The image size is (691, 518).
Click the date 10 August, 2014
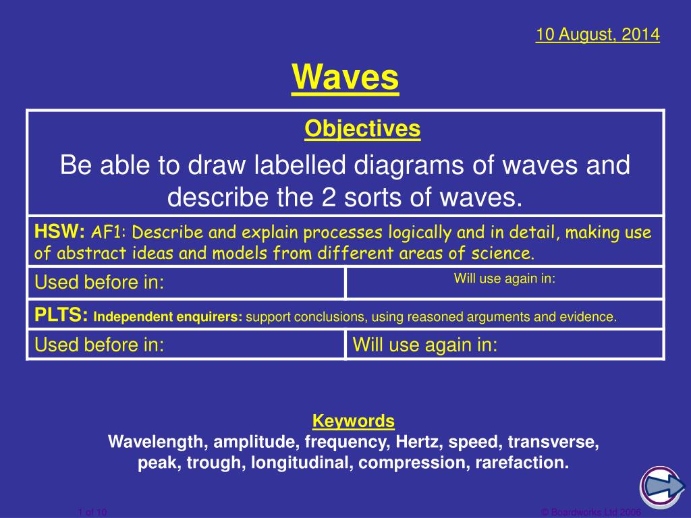click(597, 34)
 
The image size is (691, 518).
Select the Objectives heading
click(362, 128)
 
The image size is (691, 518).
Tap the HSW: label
click(59, 233)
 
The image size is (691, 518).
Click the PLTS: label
click(62, 315)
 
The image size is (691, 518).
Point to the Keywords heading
click(354, 422)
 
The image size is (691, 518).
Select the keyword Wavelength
click(158, 442)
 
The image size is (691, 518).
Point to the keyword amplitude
click(256, 442)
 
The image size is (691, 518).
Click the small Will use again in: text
click(504, 278)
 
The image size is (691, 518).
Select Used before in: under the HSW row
click(100, 283)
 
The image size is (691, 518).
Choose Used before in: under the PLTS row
click(100, 345)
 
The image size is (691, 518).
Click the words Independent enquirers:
click(168, 316)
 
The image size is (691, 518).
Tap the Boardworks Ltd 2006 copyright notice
click(591, 513)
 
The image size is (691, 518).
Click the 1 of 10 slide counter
click(92, 513)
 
